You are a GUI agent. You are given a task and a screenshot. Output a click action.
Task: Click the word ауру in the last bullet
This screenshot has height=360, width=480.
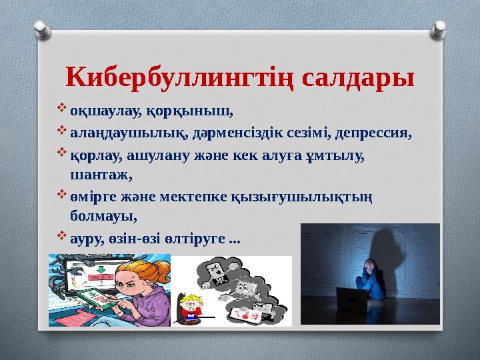click(x=85, y=238)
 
